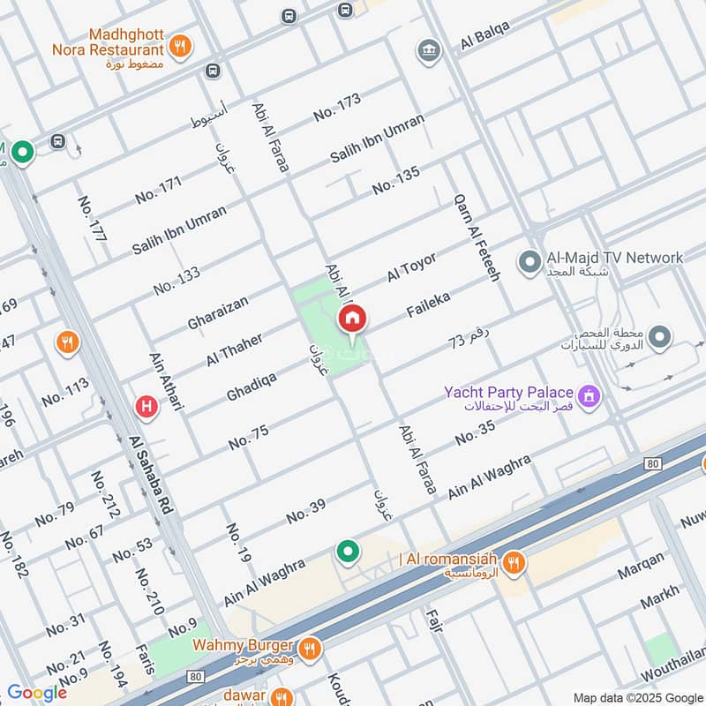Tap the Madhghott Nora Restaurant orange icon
tap(180, 46)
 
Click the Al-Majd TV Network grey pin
tap(529, 262)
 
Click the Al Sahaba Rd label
tap(150, 477)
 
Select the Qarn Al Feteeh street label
tap(477, 237)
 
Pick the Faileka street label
tap(428, 305)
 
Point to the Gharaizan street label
tap(218, 312)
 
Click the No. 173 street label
tap(337, 107)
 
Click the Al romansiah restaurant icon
tap(515, 561)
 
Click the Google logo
tap(36, 693)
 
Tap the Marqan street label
tap(641, 570)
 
